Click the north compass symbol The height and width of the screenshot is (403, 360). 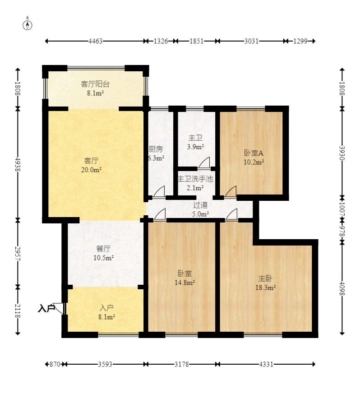coord(28,25)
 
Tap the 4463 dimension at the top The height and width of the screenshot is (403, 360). coord(95,41)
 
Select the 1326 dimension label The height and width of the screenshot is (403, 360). coord(161,41)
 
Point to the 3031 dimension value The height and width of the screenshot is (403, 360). coord(251,41)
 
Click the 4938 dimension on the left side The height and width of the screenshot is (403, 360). coord(18,164)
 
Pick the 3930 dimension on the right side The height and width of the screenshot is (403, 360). coord(342,153)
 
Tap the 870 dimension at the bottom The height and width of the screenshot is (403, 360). coord(55,364)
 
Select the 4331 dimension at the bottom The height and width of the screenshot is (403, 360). coord(266,364)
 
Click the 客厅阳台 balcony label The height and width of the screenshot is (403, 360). coord(95,84)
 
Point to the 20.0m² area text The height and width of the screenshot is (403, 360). coord(91,170)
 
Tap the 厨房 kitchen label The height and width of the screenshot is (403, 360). coord(156,149)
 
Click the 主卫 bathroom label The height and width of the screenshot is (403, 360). coord(195,138)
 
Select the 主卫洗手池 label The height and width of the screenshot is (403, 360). coord(195,179)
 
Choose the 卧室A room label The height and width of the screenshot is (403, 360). coord(254,153)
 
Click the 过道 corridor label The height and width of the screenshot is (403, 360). coord(200,205)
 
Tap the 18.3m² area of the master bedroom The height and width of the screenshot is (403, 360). coord(265,287)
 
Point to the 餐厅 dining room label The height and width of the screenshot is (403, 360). coord(103,249)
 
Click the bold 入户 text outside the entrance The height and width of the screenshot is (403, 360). coord(46,308)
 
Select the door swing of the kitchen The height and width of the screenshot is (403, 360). coord(159,191)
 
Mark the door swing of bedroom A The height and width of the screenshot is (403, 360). coord(231,191)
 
